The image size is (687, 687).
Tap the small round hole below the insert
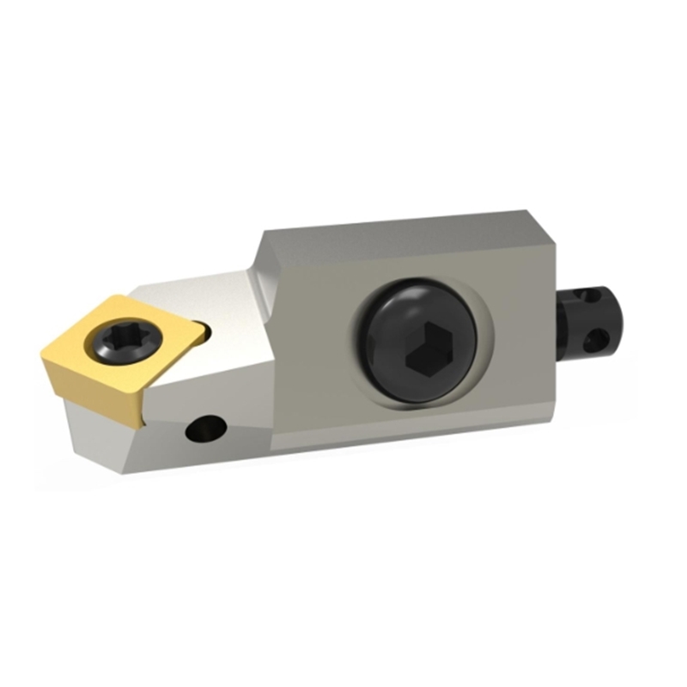(x=205, y=427)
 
